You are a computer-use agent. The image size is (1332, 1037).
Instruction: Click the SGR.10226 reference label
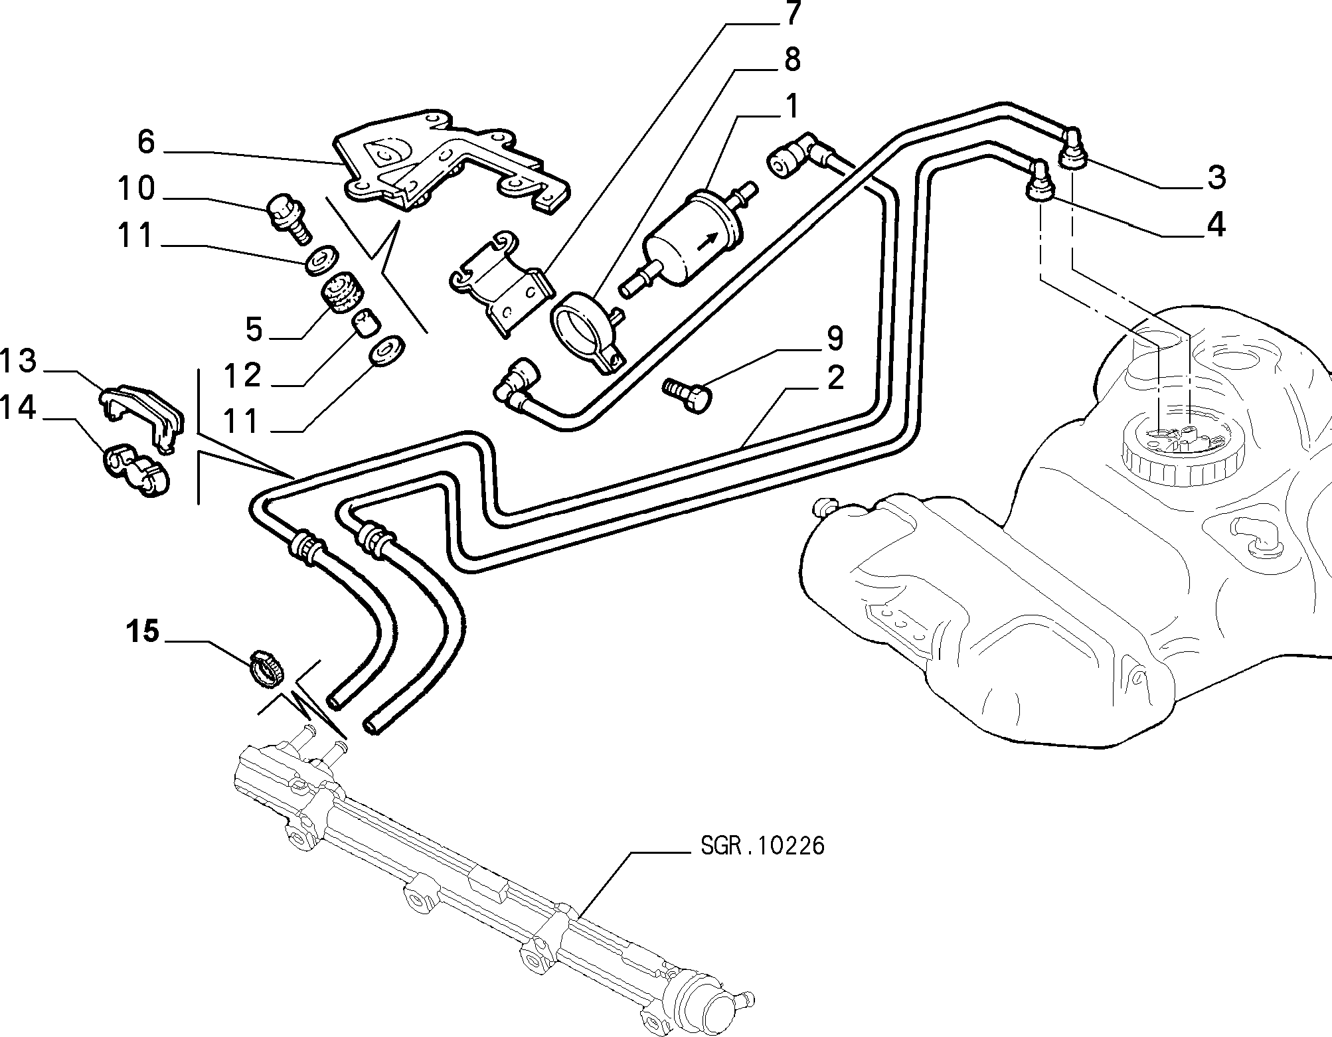tap(762, 846)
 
